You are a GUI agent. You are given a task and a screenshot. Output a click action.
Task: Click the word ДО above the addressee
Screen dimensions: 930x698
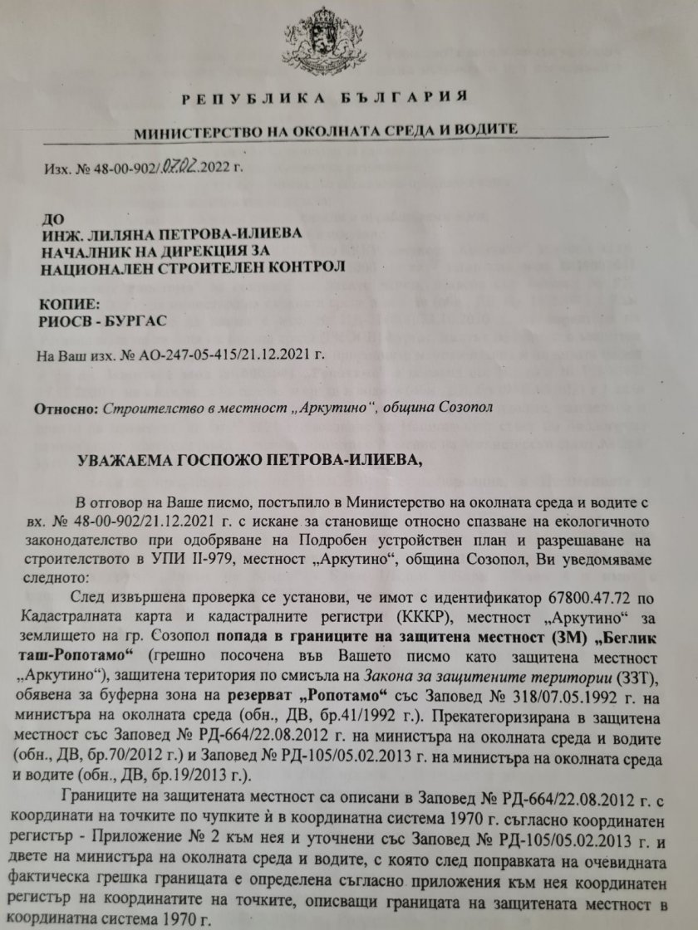tap(53, 219)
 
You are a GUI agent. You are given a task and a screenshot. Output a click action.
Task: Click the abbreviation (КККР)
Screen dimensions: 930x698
tap(297, 615)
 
